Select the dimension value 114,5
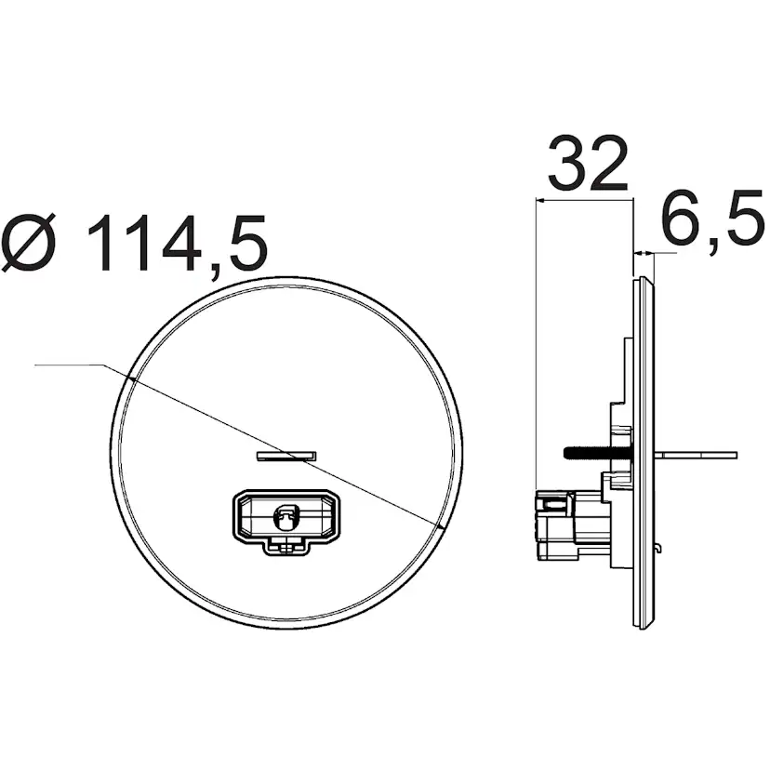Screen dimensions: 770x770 point(177,244)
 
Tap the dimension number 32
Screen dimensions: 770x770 point(587,165)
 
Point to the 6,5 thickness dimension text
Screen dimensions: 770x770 point(711,221)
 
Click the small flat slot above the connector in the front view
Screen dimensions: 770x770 point(285,456)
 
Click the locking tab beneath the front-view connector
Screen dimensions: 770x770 point(287,546)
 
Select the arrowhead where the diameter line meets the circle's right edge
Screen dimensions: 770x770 point(436,526)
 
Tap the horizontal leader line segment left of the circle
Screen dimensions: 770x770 point(70,365)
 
